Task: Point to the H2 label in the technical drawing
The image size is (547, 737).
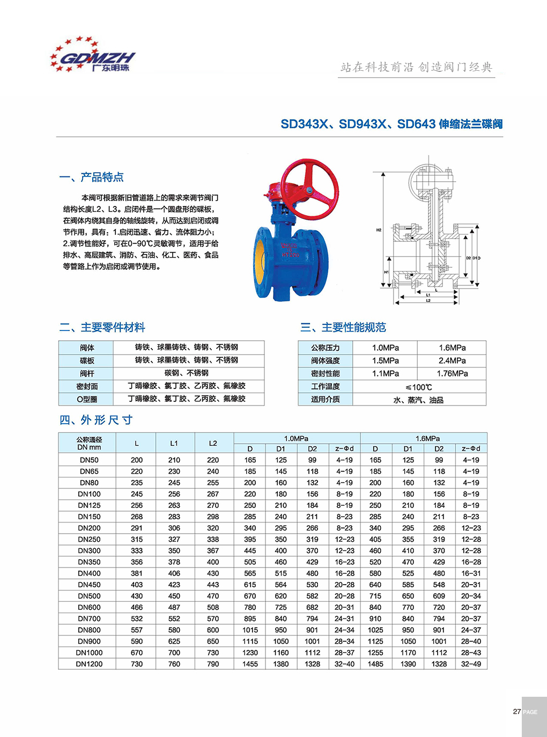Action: pos(379,230)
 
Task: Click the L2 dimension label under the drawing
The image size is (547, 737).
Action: pos(428,301)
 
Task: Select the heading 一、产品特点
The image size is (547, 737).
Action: pos(92,177)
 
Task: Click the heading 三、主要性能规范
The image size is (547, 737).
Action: pos(343,327)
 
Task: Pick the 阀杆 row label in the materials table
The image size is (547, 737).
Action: pos(87,373)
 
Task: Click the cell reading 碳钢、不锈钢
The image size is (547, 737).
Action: pos(186,373)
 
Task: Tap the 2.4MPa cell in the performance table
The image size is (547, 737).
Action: pos(452,360)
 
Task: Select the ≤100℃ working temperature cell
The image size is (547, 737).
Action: pos(419,387)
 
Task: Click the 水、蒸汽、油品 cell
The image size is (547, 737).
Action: pos(419,400)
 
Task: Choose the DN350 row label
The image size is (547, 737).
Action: pos(89,562)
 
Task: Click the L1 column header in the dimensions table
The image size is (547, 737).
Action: pos(174,444)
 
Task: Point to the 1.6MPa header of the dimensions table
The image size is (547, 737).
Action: pos(427,438)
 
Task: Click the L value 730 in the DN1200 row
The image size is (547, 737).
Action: pos(137,664)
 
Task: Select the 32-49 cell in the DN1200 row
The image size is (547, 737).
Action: pos(471,664)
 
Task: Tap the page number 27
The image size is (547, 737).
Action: pos(516,712)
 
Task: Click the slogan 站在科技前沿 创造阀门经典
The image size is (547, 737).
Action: pos(416,67)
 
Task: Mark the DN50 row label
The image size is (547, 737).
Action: pos(89,460)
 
